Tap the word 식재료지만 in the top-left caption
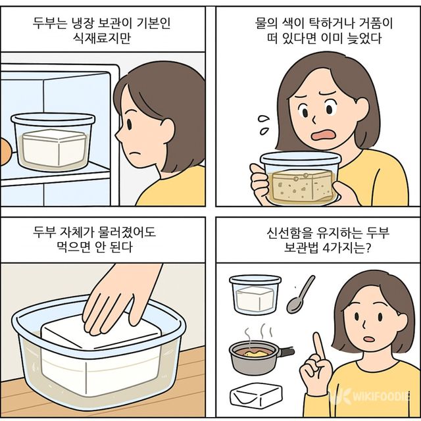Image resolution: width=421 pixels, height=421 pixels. tap(105, 38)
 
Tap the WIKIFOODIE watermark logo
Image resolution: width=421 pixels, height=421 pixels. tap(372, 397)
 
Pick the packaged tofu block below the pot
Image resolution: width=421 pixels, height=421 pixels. tap(256, 396)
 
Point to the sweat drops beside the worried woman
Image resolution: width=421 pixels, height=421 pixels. tap(264, 121)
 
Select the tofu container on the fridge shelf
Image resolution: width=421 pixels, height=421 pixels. tap(53, 141)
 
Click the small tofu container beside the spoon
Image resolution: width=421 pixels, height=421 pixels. tap(255, 295)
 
